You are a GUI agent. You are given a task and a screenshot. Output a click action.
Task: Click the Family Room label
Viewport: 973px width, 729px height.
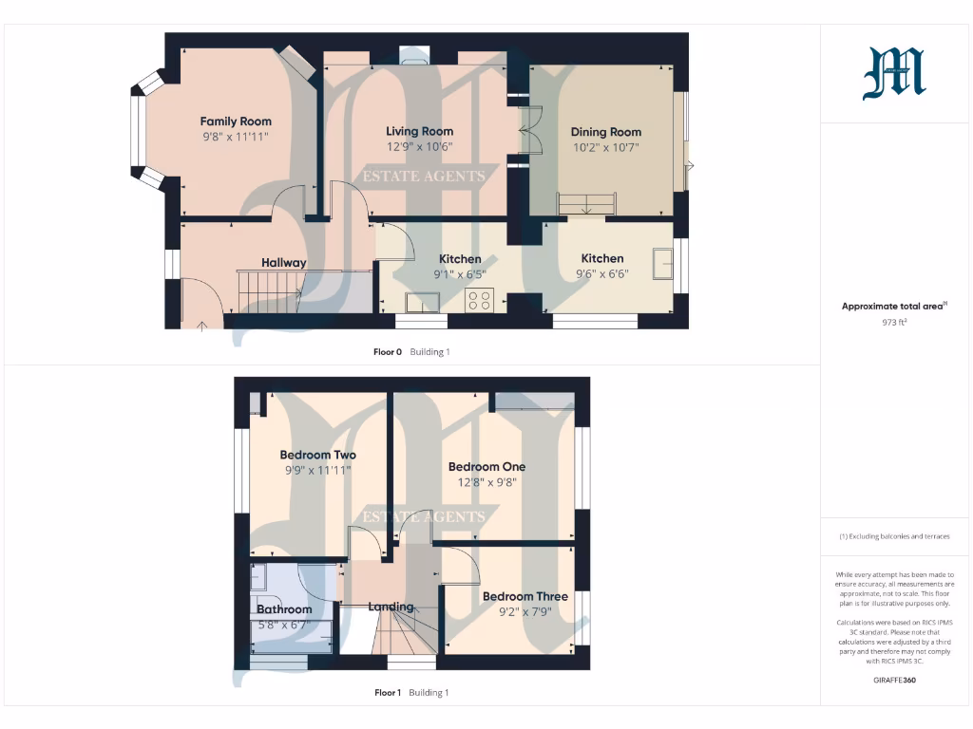pos(236,121)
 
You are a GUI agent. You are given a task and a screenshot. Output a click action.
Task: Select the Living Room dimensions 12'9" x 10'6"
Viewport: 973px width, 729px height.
pos(419,146)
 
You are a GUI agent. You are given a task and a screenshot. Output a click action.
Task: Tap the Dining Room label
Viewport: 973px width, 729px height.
pos(605,132)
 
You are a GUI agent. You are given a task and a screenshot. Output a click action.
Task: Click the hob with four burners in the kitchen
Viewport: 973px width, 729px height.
pos(479,300)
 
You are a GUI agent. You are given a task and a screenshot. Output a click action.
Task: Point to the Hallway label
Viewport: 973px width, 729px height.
pos(284,263)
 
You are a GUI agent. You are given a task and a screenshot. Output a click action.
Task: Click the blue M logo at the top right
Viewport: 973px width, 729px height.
pos(894,75)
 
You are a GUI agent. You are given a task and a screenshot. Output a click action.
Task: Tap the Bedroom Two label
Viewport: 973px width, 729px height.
pos(317,455)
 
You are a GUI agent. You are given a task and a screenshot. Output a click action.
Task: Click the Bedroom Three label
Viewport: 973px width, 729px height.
pos(525,596)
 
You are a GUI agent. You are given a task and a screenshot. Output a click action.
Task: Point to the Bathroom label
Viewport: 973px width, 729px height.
pos(284,609)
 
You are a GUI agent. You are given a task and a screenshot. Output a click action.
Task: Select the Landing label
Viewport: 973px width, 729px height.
pos(391,607)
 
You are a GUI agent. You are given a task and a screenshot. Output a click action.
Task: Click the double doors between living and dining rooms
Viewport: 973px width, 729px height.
pos(528,131)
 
